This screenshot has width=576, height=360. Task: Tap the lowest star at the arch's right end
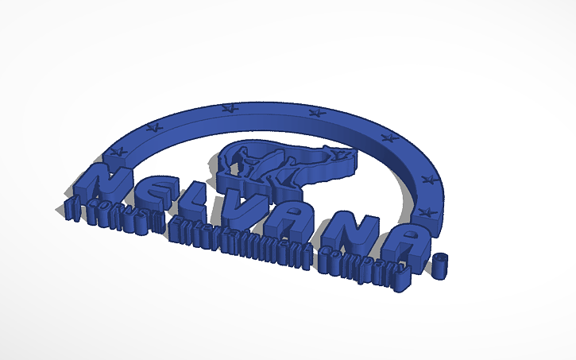coord(424,211)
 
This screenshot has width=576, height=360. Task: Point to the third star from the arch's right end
coord(389,137)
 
